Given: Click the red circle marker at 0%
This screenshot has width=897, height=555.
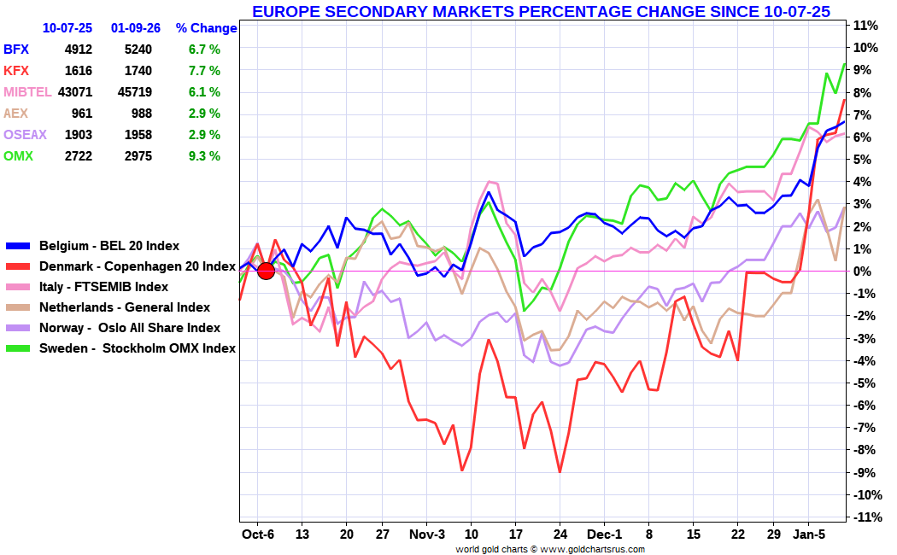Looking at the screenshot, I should pyautogui.click(x=266, y=271).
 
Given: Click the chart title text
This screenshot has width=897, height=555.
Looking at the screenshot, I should pyautogui.click(x=541, y=11).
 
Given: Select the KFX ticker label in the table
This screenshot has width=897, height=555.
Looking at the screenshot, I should pyautogui.click(x=16, y=71).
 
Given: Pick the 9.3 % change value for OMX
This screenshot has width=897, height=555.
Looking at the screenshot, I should pyautogui.click(x=204, y=156).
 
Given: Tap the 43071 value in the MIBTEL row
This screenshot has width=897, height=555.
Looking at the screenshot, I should pyautogui.click(x=72, y=92).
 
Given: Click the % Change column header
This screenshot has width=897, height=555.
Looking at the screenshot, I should pyautogui.click(x=207, y=28).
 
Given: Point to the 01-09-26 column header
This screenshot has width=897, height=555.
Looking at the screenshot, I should pyautogui.click(x=136, y=28).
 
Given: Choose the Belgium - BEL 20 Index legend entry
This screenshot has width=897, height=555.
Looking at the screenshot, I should pyautogui.click(x=109, y=246).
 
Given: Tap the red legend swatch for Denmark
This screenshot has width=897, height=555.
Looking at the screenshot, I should pyautogui.click(x=19, y=266).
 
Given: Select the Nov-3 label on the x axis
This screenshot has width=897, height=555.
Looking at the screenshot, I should pyautogui.click(x=426, y=535).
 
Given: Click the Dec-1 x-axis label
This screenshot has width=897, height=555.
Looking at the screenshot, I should pyautogui.click(x=603, y=535).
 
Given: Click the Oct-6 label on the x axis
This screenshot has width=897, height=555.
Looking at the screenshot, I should pyautogui.click(x=257, y=535).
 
